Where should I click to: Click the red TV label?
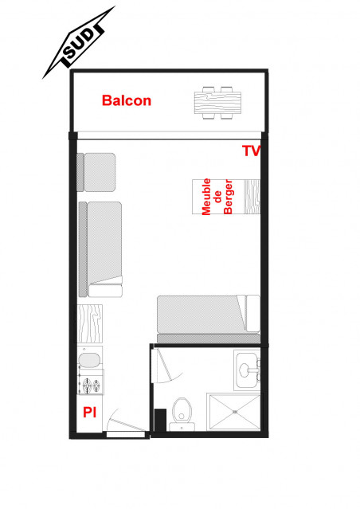(252, 151)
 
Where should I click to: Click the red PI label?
(90, 412)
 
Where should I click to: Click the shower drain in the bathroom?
(234, 411)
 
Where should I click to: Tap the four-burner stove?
(89, 386)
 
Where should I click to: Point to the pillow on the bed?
(251, 314)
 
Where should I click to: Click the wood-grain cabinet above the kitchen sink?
(89, 325)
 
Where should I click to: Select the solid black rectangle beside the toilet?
(160, 420)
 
